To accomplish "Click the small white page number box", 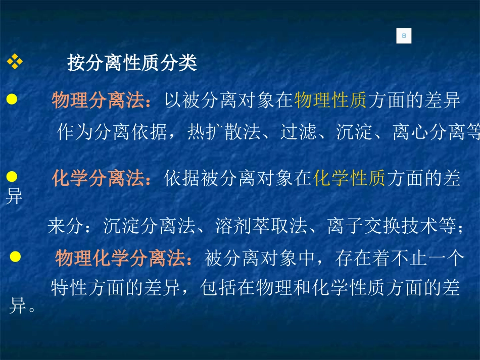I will [404, 36].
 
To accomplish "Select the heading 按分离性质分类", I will [132, 64].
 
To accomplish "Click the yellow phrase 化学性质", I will [349, 179].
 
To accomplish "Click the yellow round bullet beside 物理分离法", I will [12, 99].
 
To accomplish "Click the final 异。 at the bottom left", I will [22, 306].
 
